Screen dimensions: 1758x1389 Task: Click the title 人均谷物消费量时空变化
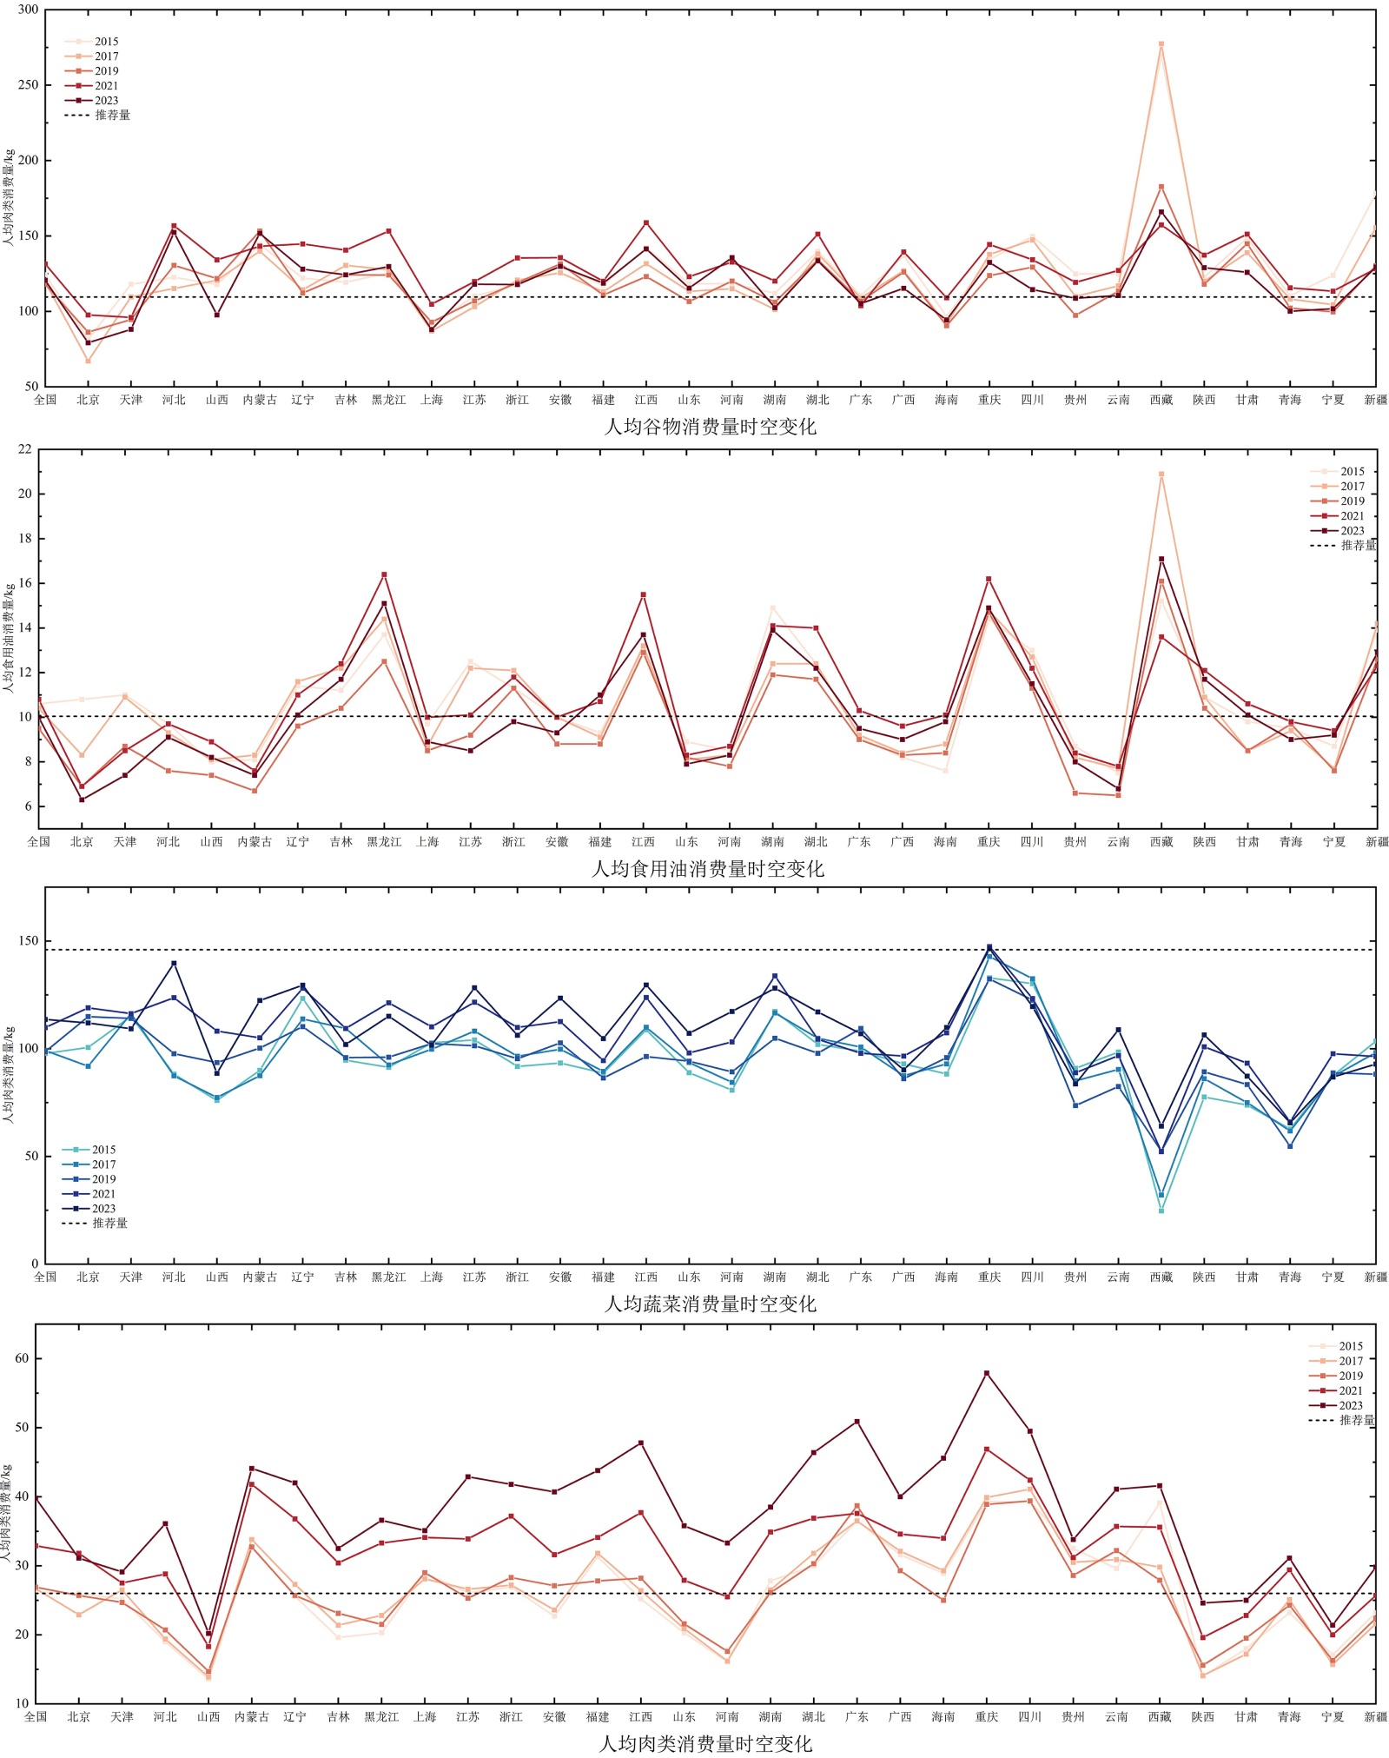[x=710, y=427]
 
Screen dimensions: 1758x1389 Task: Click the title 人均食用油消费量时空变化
[x=707, y=868]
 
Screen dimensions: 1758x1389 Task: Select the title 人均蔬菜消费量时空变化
[x=710, y=1304]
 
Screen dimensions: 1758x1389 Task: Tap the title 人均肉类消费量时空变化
[x=705, y=1743]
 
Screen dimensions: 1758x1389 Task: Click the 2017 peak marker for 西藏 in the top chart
[x=1161, y=44]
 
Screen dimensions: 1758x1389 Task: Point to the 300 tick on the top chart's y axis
[x=28, y=10]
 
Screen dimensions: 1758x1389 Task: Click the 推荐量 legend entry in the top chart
[x=112, y=115]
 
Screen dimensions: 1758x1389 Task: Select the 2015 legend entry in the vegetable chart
[x=103, y=1150]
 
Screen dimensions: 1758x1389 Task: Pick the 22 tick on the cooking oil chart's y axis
[x=24, y=449]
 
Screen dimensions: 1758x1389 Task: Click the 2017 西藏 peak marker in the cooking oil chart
[x=1161, y=474]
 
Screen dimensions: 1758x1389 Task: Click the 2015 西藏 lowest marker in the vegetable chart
[x=1161, y=1211]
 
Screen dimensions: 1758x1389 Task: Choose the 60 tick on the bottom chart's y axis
[x=22, y=1358]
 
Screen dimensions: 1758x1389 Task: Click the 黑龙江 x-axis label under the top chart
[x=388, y=400]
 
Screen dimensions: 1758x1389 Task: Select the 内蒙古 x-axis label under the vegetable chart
[x=260, y=1277]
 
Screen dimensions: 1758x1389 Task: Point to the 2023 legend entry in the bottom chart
[x=1350, y=1405]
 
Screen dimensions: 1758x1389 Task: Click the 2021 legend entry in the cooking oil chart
[x=1352, y=516]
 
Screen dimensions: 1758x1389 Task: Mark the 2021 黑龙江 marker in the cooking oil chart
[x=384, y=574]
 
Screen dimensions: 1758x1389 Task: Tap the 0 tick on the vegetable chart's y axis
[x=35, y=1264]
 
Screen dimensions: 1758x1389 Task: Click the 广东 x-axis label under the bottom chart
[x=857, y=1716]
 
